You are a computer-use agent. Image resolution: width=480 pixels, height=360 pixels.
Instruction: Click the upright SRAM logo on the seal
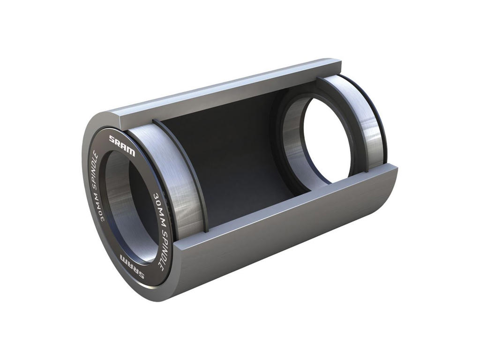122,145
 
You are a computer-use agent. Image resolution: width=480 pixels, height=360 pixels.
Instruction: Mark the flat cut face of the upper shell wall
225,89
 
